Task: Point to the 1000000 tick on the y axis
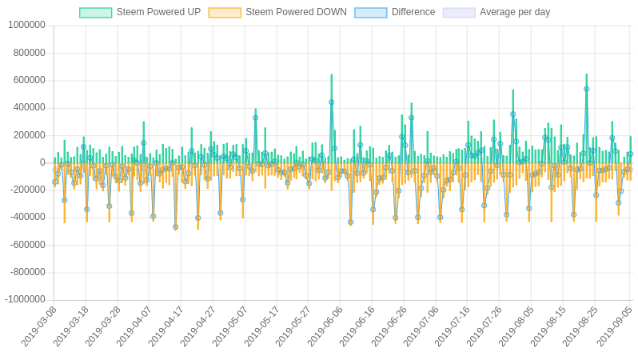tap(26, 25)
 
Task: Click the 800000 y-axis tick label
tap(29, 53)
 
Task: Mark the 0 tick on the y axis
tap(42, 162)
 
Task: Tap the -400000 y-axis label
tap(26, 217)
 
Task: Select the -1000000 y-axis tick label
tap(24, 299)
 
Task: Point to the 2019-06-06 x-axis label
tap(326, 326)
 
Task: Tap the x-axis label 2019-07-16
tap(453, 326)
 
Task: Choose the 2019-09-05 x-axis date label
tap(612, 326)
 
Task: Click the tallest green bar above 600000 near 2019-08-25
tap(586, 77)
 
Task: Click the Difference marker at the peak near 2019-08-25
tap(586, 89)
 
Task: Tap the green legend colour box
tap(96, 13)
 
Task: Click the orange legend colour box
tap(225, 13)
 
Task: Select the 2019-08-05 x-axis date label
tap(517, 326)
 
